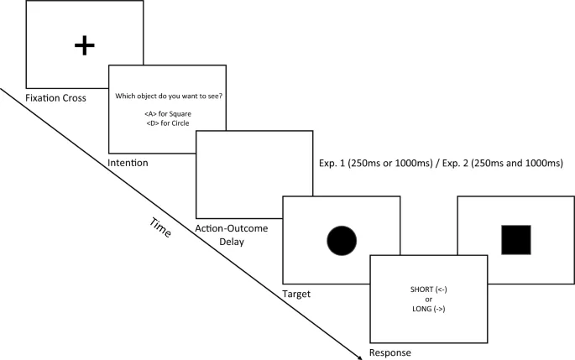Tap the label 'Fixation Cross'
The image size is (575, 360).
pyautogui.click(x=57, y=99)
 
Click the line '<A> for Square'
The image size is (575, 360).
pyautogui.click(x=168, y=115)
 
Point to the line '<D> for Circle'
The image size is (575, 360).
pyautogui.click(x=168, y=123)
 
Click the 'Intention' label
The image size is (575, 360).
pyautogui.click(x=128, y=162)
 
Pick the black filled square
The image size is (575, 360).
pyautogui.click(x=515, y=239)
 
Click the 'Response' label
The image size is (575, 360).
pyautogui.click(x=389, y=352)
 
